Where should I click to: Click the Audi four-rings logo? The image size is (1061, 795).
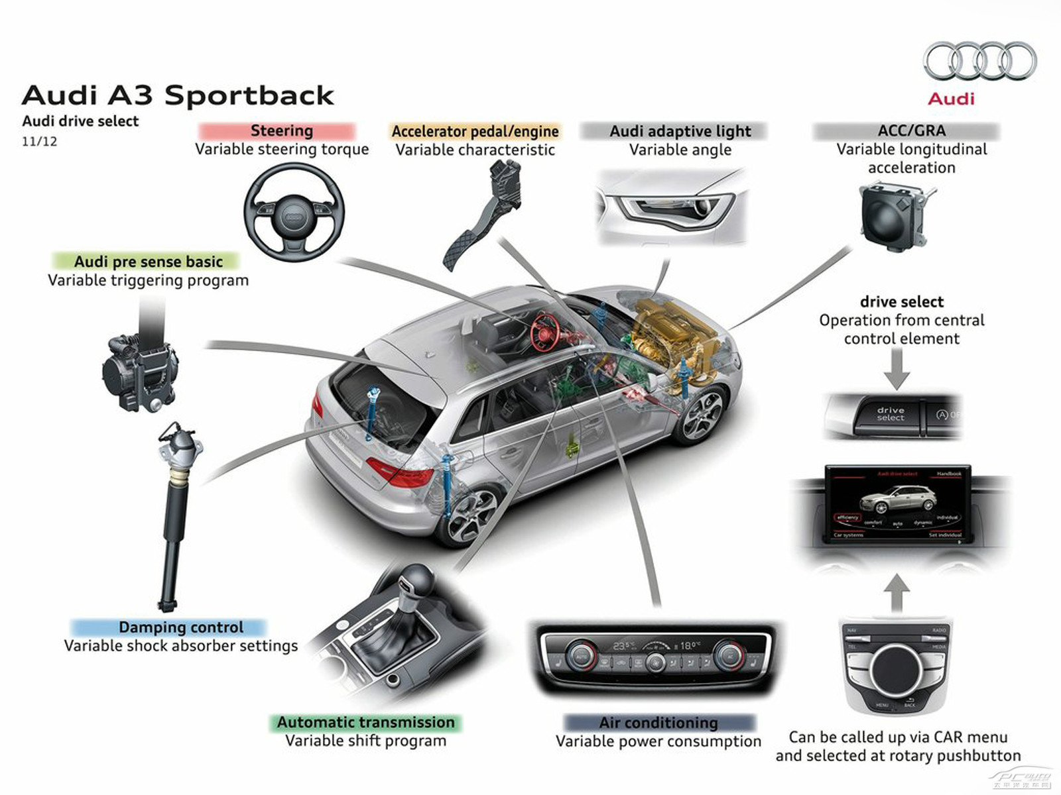(x=979, y=60)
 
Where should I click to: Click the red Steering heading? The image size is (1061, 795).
(x=281, y=131)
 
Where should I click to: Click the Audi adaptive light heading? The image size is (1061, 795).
(x=680, y=131)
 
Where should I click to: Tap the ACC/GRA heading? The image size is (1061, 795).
(x=911, y=131)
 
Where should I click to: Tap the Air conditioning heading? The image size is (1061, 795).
(x=658, y=722)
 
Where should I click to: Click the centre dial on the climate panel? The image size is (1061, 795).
(x=655, y=661)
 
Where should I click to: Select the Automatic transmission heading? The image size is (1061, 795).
(x=365, y=722)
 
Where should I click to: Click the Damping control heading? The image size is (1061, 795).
(x=180, y=627)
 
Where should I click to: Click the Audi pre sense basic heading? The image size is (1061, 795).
(x=148, y=261)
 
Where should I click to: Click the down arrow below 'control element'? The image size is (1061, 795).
(x=897, y=370)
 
